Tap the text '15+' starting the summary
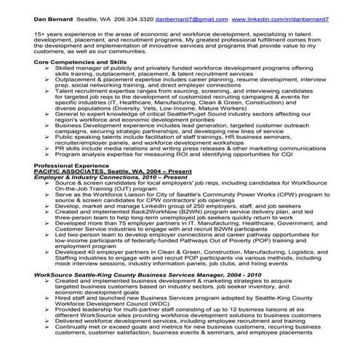click(x=40, y=33)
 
